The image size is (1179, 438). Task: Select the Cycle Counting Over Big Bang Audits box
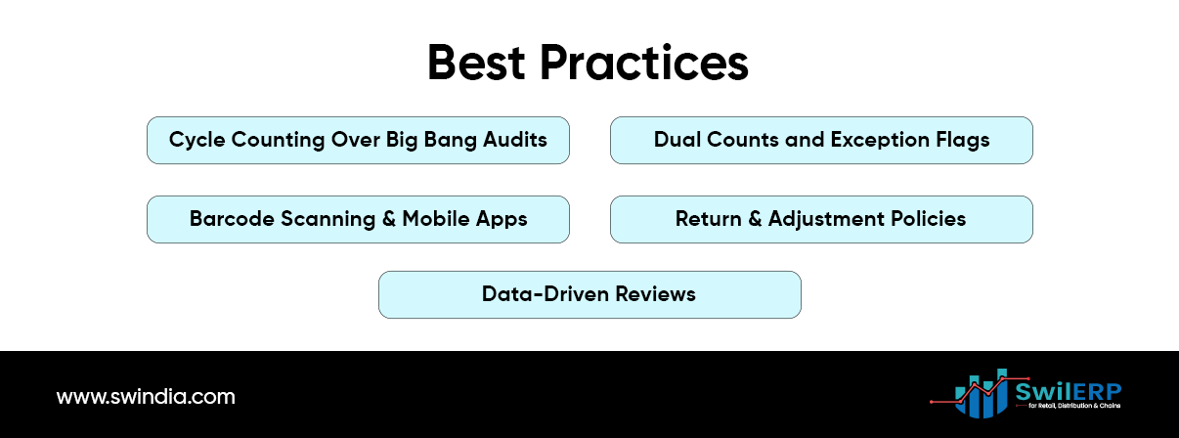click(x=358, y=140)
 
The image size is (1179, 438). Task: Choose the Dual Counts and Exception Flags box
click(x=821, y=140)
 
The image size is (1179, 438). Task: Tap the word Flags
click(x=962, y=140)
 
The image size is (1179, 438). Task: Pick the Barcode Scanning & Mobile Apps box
click(x=358, y=219)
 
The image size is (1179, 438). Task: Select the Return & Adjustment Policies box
click(x=821, y=219)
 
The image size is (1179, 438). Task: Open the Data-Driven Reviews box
click(x=589, y=294)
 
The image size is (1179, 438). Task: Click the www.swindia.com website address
click(x=146, y=397)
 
